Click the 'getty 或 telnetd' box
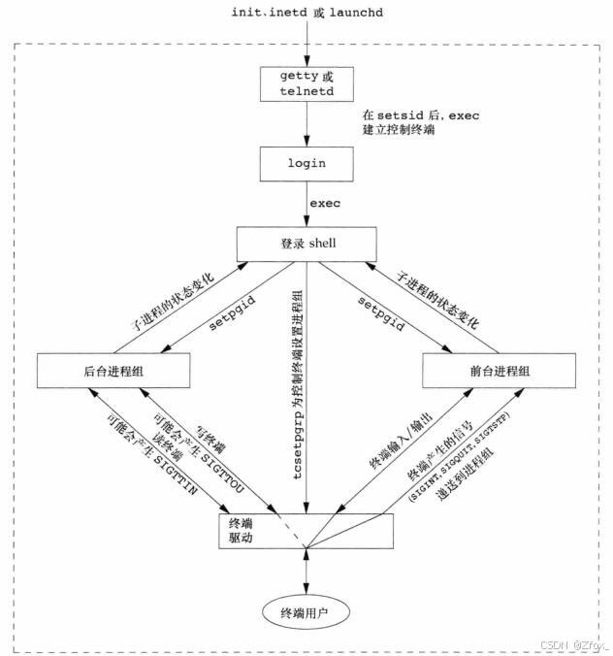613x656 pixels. (x=306, y=84)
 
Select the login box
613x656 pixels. (x=306, y=164)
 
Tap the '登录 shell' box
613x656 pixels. (x=306, y=245)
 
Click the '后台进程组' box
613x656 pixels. (x=113, y=371)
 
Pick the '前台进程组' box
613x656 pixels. (x=499, y=371)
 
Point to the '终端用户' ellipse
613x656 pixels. (x=306, y=613)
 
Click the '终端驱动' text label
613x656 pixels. (x=241, y=530)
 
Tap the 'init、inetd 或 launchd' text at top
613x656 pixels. (x=307, y=13)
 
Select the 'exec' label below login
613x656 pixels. (x=325, y=204)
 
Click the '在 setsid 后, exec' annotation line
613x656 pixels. (x=421, y=115)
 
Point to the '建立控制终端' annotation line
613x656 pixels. (x=399, y=129)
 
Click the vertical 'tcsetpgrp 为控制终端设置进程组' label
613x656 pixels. (x=298, y=385)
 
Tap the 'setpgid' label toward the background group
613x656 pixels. (x=232, y=312)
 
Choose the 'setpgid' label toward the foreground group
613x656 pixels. (x=381, y=313)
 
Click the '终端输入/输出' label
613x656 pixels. (x=401, y=441)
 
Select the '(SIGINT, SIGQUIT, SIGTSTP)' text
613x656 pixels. (x=459, y=456)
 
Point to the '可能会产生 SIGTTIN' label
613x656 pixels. (x=151, y=454)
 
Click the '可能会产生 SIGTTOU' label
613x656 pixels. (x=198, y=452)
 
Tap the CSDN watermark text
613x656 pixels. (x=575, y=644)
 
